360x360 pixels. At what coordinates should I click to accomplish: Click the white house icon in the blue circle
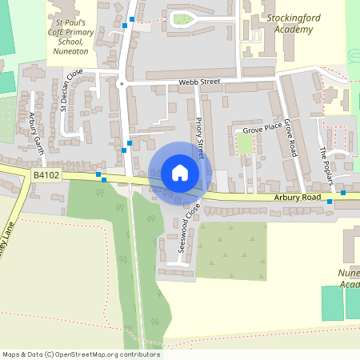pyautogui.click(x=179, y=173)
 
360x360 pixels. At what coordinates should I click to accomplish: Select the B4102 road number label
pyautogui.click(x=47, y=174)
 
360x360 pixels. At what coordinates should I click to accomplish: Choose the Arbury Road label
pyautogui.click(x=296, y=197)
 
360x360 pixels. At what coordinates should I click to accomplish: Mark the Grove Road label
pyautogui.click(x=290, y=136)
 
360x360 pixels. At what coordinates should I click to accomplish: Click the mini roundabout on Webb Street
pyautogui.click(x=122, y=83)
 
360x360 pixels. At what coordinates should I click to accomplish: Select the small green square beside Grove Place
pyautogui.click(x=245, y=143)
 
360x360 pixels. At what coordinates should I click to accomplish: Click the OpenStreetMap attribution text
pyautogui.click(x=81, y=354)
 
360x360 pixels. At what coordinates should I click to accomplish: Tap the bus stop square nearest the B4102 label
pyautogui.click(x=98, y=174)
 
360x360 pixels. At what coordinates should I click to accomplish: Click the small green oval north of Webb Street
pyautogui.click(x=183, y=18)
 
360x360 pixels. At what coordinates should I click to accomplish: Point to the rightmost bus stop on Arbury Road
pyautogui.click(x=343, y=193)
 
